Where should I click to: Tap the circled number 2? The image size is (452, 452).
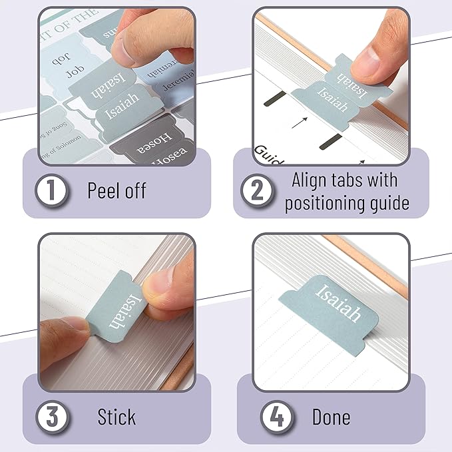tap(257, 191)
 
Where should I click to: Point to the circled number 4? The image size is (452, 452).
tap(274, 417)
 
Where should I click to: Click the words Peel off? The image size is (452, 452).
tap(116, 190)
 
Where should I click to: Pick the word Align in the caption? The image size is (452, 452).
tap(311, 180)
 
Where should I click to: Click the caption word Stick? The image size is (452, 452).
tap(116, 417)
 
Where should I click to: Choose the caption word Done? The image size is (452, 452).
tap(331, 417)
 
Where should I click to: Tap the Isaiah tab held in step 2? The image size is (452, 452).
tap(330, 93)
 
